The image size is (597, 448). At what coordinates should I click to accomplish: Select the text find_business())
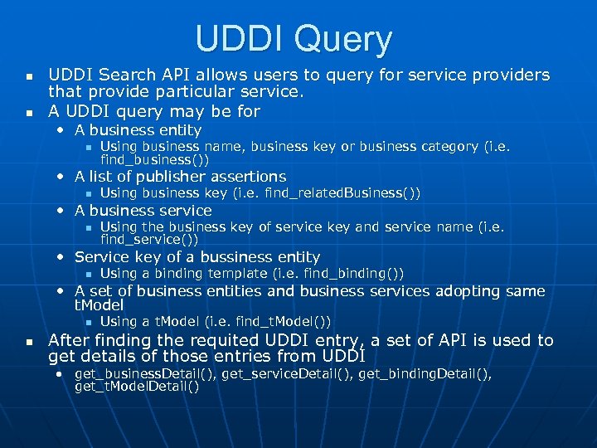point(155,158)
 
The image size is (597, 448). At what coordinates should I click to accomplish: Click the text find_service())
point(149,239)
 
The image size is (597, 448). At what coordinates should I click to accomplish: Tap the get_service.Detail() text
point(289,374)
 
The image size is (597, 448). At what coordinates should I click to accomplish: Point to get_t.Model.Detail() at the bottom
point(137,387)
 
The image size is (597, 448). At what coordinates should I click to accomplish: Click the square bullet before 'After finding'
point(29,342)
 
